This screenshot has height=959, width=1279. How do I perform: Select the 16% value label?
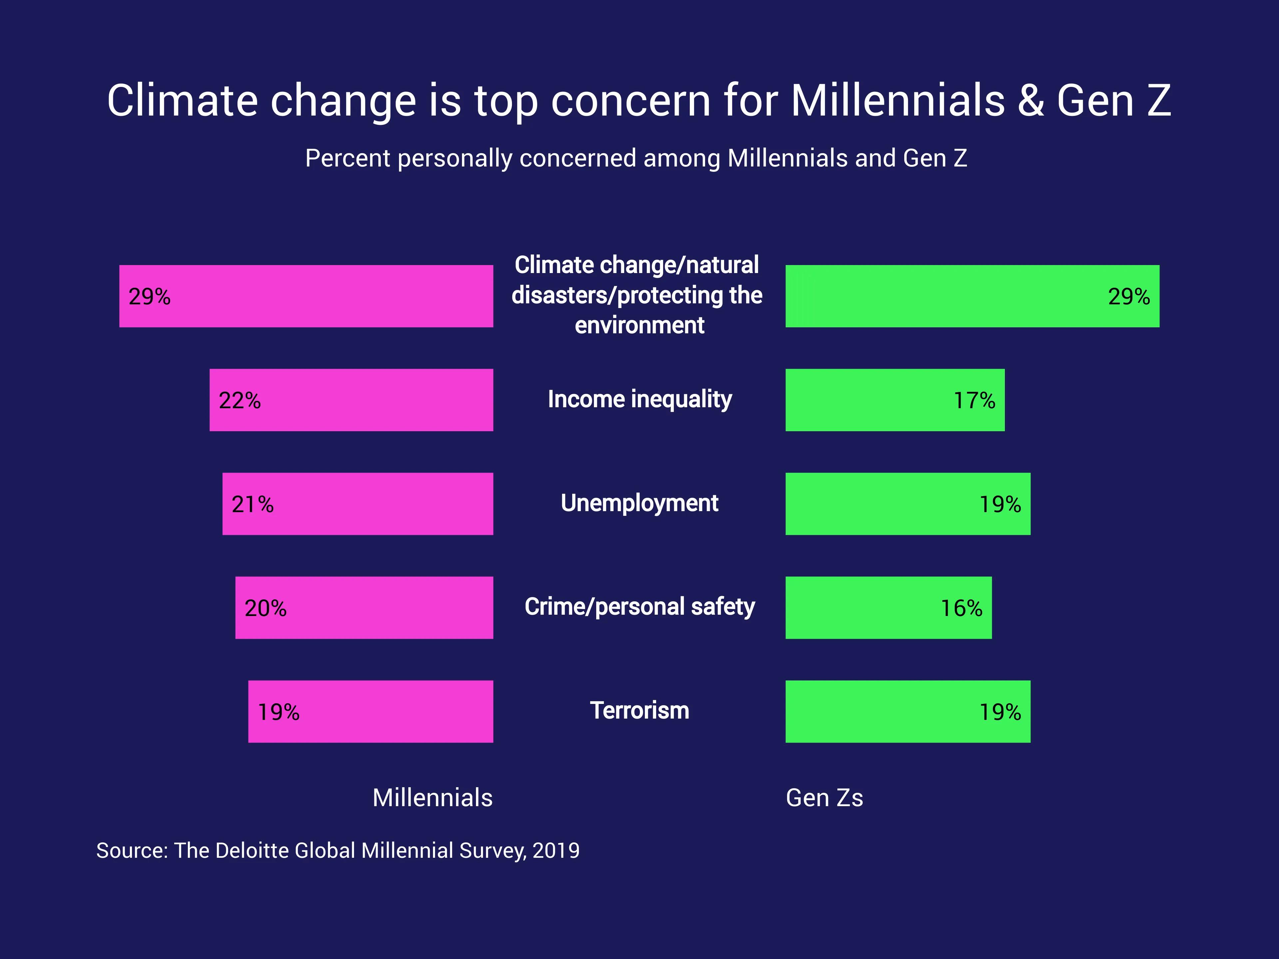[x=961, y=608]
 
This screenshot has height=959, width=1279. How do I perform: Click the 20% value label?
[x=265, y=608]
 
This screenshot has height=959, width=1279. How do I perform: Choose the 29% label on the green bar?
[x=1129, y=297]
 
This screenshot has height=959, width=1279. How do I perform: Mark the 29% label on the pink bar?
[x=149, y=297]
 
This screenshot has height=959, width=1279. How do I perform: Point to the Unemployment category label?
[x=639, y=503]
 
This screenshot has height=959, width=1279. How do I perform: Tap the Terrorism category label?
[x=639, y=711]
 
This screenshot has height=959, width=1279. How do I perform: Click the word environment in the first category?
[x=639, y=325]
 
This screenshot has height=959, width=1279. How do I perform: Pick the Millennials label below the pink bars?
[x=433, y=798]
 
